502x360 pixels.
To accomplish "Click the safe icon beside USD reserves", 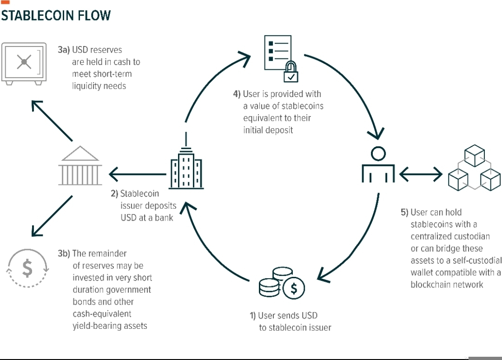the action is point(24,64).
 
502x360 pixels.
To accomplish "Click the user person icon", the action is point(378,164).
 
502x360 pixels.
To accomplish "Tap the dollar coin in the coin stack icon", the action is point(294,288).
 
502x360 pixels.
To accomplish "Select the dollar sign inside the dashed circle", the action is point(27,268).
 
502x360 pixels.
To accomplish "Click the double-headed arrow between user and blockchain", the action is point(421,175).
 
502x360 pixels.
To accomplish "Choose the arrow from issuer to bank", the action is point(138,174).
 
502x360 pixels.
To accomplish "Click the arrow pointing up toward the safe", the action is point(52,121).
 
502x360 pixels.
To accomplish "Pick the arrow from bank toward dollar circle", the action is point(52,216).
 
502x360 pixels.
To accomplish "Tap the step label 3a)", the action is point(64,50).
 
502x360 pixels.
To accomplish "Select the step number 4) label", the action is point(237,94).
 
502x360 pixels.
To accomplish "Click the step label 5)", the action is point(404,212).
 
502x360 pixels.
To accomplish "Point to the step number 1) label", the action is point(253,316).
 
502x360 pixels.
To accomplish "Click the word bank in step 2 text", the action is point(164,218).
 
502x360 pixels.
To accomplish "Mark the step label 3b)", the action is point(64,254).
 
